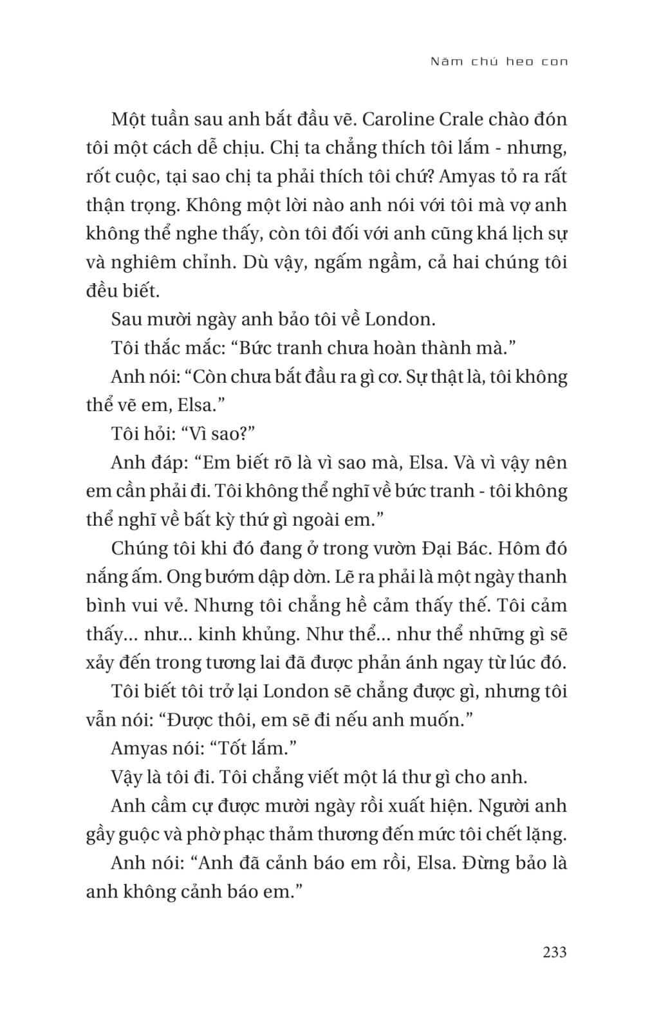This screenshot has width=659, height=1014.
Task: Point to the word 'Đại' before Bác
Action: click(x=439, y=549)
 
